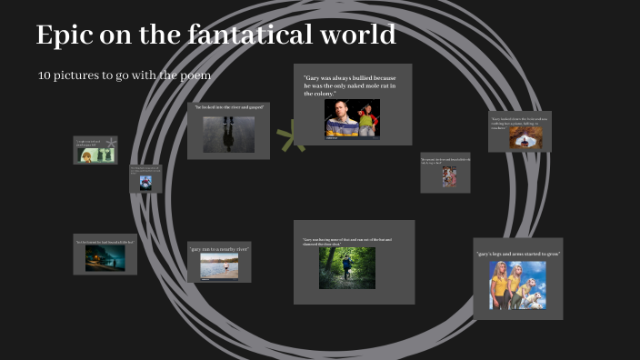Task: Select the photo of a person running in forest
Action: [x=346, y=267]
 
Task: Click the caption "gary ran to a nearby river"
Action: [x=219, y=248]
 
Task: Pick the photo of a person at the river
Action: [x=219, y=265]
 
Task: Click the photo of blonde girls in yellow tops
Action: [x=517, y=285]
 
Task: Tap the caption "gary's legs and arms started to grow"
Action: [x=517, y=253]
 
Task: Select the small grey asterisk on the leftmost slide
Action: [x=110, y=143]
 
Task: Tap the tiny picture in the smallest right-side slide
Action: [x=449, y=176]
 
